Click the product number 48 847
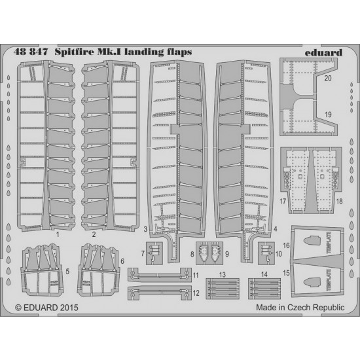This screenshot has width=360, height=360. click(31, 52)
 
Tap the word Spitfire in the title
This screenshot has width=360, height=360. click(75, 52)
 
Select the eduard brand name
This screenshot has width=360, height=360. click(323, 52)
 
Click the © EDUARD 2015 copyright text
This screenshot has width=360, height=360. click(46, 308)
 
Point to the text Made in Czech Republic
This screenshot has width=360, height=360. click(300, 308)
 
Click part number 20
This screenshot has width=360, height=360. click(328, 79)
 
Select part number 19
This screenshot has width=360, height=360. click(328, 115)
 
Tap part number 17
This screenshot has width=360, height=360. click(283, 202)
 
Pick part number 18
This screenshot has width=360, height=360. click(339, 202)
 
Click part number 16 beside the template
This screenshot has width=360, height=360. click(286, 245)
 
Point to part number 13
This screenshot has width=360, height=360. click(223, 275)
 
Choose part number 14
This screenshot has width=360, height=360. click(264, 274)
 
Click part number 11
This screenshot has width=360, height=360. click(196, 275)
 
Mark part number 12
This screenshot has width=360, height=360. click(196, 293)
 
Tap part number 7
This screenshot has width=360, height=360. click(143, 253)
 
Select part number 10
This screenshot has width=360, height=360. click(278, 254)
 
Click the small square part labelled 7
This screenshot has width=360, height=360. click(154, 253)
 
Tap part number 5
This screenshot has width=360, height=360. click(67, 272)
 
